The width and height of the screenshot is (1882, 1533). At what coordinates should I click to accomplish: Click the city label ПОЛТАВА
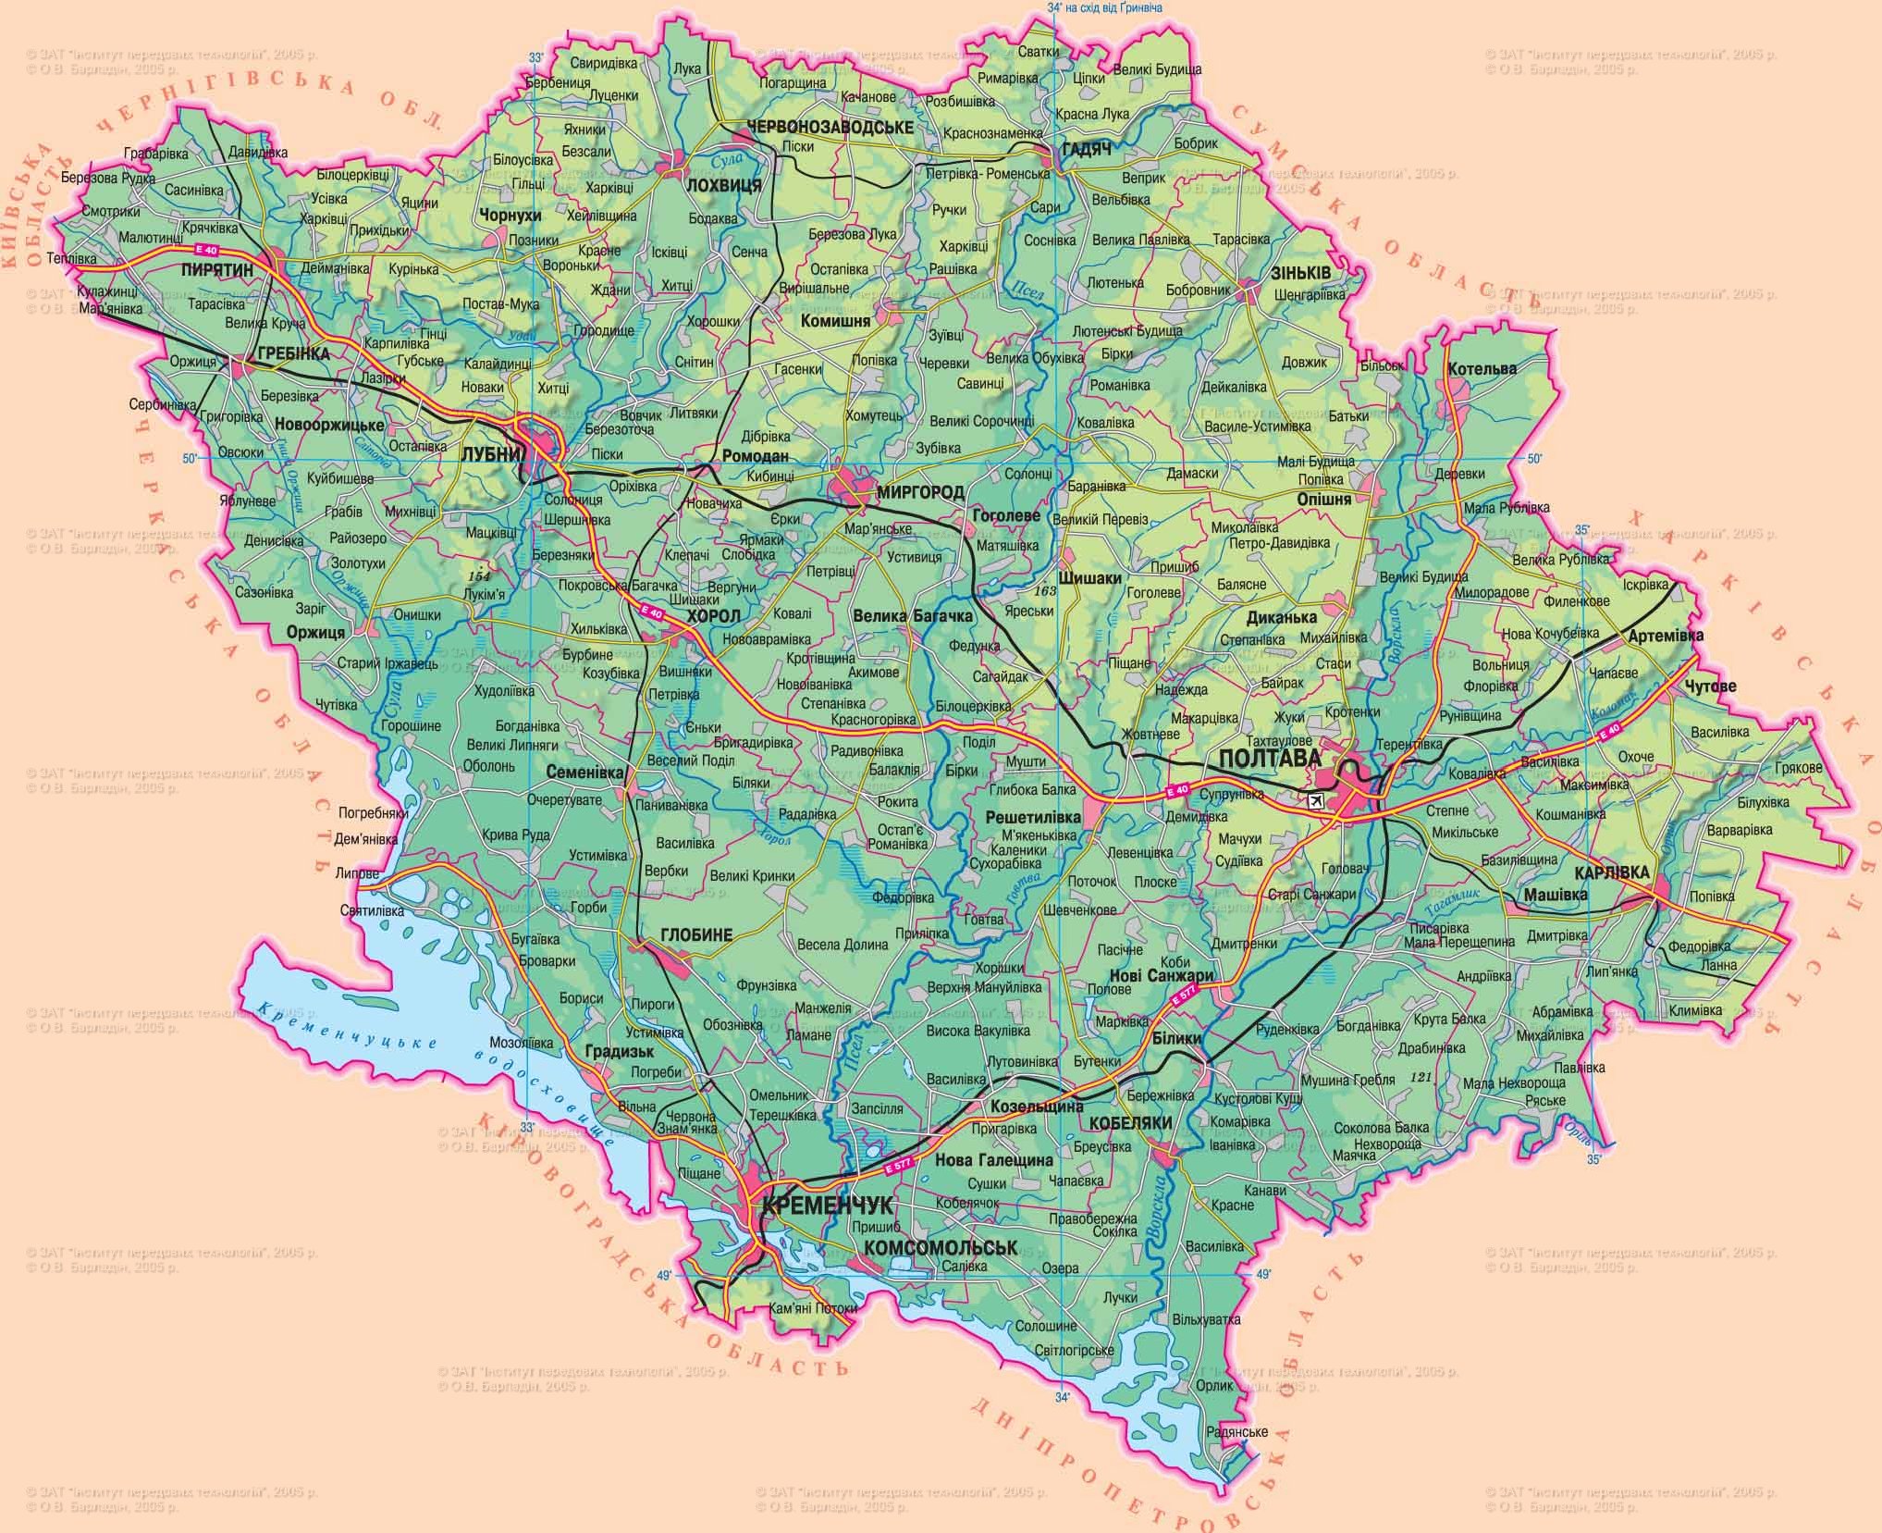click(1264, 759)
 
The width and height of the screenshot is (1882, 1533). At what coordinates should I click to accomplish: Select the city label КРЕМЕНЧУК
click(828, 1205)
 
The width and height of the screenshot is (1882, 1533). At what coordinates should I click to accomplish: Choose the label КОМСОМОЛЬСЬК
click(940, 1247)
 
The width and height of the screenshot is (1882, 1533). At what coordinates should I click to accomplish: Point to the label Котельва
click(1482, 368)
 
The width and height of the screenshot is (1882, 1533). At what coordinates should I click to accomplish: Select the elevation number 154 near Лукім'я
click(479, 576)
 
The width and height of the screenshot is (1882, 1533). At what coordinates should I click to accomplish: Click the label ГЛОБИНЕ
click(696, 935)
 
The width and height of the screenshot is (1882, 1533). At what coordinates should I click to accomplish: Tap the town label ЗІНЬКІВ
click(1301, 274)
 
